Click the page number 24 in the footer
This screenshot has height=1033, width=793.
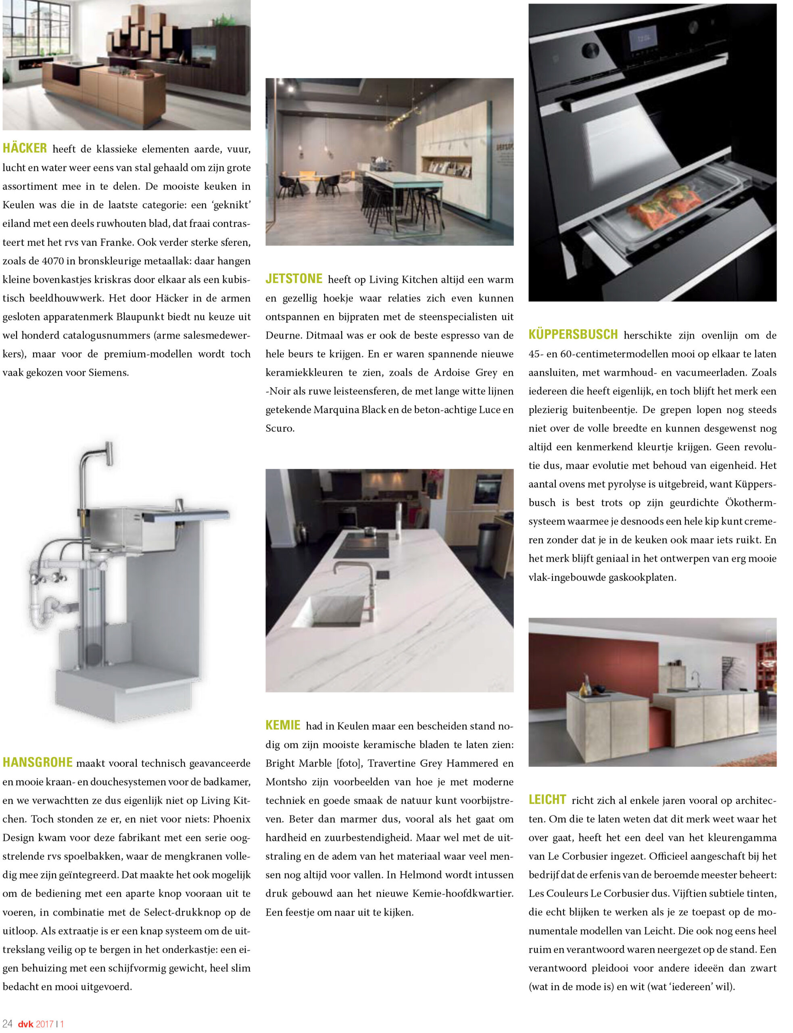[x=7, y=1023]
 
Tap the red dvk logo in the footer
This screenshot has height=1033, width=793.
[x=25, y=1024]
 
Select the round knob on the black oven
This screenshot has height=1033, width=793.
[x=590, y=50]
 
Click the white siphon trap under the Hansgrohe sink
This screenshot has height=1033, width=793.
[x=44, y=614]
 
